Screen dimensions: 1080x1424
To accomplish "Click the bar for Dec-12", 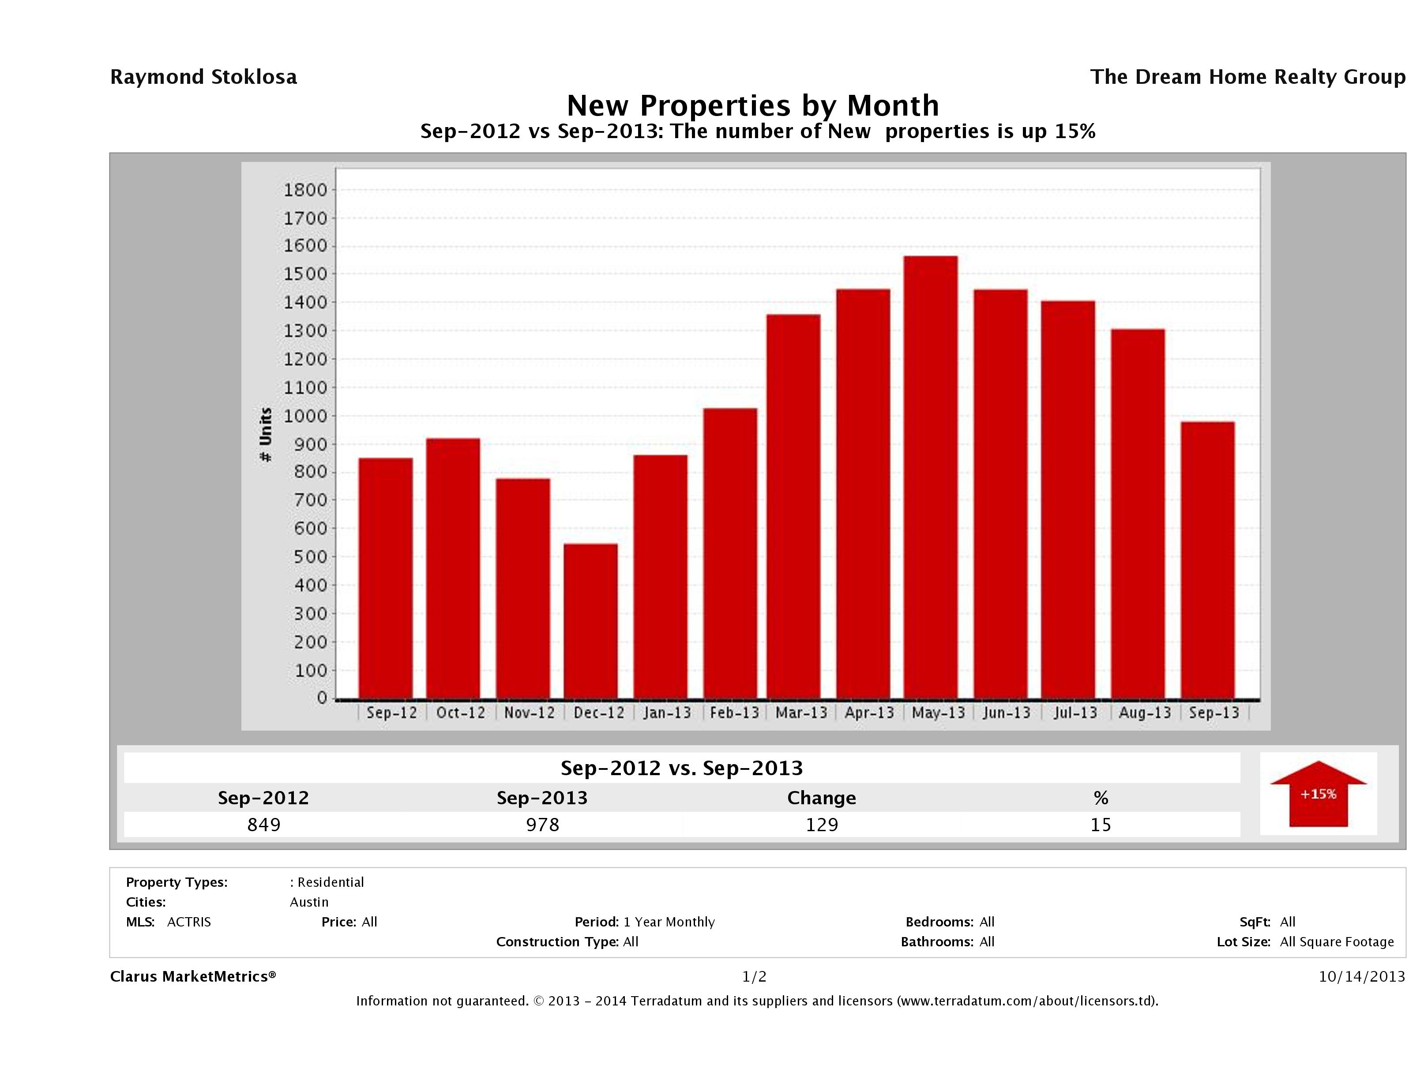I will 590,621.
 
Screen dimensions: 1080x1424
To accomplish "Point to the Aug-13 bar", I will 1138,514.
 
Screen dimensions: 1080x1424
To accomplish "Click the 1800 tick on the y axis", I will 305,190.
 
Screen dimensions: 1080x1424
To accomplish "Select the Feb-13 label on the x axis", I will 734,713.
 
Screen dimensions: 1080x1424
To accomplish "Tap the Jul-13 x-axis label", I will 1075,713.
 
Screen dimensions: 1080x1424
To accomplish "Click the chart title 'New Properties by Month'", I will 752,105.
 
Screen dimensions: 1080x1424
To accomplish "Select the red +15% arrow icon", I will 1318,794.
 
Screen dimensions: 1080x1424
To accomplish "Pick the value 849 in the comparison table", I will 263,825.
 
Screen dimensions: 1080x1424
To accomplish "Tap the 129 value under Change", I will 822,825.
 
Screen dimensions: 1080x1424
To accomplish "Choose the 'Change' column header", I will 822,798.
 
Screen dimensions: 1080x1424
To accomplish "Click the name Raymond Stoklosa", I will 203,77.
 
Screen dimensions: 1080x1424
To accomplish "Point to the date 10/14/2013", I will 1361,976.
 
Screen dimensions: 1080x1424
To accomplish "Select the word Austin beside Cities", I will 309,902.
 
